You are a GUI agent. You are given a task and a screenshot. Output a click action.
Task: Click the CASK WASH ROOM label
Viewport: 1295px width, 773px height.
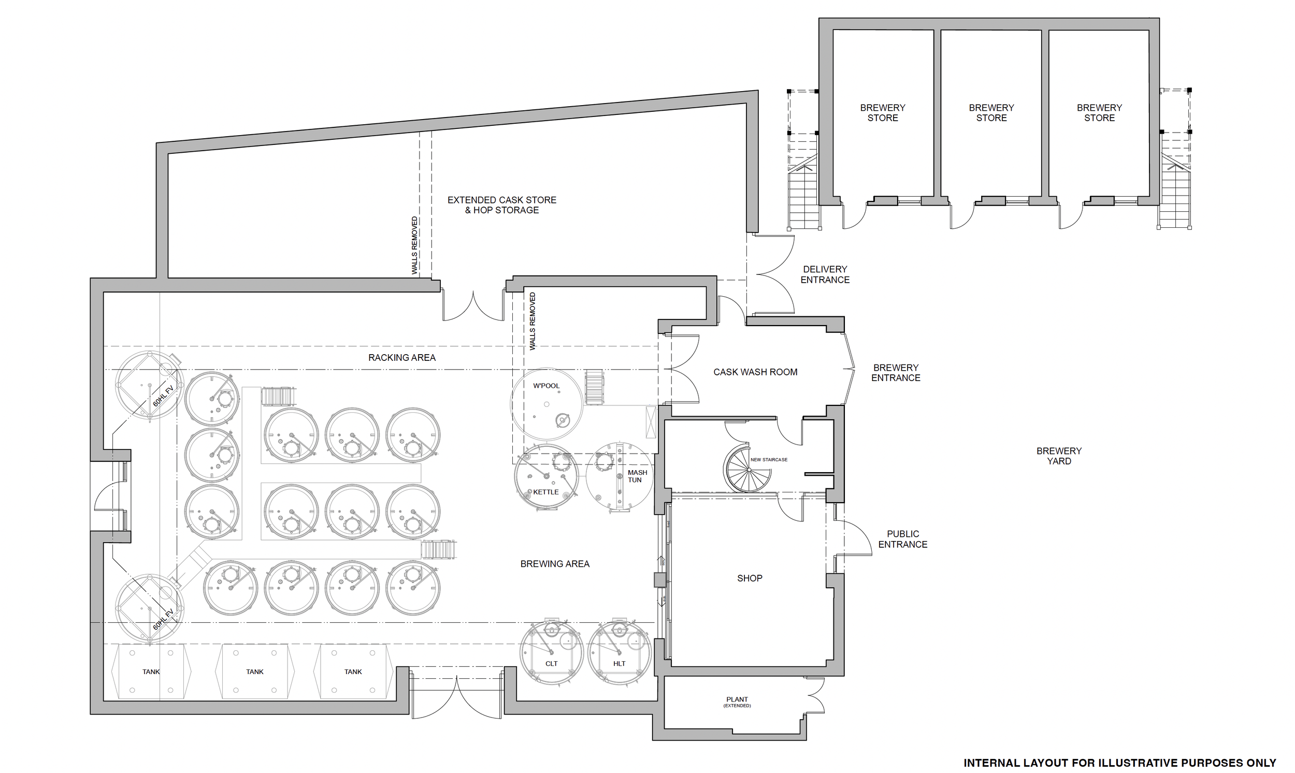(755, 372)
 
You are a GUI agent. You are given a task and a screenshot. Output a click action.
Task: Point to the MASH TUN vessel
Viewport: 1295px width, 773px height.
(619, 477)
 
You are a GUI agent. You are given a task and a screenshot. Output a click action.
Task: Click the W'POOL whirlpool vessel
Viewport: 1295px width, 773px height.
(546, 405)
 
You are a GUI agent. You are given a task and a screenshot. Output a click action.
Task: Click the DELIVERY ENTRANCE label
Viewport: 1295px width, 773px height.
(825, 274)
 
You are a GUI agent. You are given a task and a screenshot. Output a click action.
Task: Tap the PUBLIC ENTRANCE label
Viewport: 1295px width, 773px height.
(902, 539)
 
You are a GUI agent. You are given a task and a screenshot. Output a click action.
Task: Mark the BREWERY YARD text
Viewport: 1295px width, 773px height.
(1059, 456)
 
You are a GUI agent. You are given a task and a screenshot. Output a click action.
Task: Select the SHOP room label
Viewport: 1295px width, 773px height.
(750, 578)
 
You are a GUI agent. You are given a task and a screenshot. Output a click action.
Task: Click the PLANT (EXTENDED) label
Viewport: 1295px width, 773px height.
(737, 702)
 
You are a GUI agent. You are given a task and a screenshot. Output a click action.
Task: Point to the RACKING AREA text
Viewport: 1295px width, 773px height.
(402, 357)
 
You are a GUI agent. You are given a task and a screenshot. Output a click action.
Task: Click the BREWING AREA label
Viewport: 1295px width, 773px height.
(554, 564)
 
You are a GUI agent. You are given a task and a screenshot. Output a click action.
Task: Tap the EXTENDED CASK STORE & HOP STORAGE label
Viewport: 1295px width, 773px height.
(502, 205)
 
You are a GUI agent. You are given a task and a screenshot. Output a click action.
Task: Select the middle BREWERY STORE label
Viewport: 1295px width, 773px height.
(991, 112)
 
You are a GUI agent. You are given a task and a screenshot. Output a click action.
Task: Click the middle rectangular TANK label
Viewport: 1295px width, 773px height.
(255, 672)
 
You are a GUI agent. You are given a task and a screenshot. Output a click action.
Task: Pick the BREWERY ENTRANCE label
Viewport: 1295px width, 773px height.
(896, 372)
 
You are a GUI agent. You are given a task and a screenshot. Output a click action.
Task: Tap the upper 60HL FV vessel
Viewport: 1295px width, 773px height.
(150, 386)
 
